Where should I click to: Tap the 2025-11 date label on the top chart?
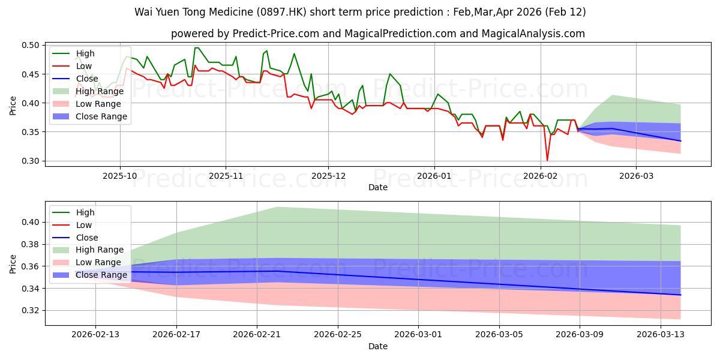click(226, 176)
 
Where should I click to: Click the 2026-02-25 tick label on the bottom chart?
click(338, 335)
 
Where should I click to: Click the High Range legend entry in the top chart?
click(100, 91)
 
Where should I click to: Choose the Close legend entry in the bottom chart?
click(87, 238)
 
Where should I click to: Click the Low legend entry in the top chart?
click(85, 66)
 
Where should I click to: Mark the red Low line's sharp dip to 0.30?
click(547, 160)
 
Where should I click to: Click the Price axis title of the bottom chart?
click(13, 263)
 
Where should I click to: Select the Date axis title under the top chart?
click(378, 187)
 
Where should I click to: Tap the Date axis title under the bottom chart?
click(378, 346)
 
